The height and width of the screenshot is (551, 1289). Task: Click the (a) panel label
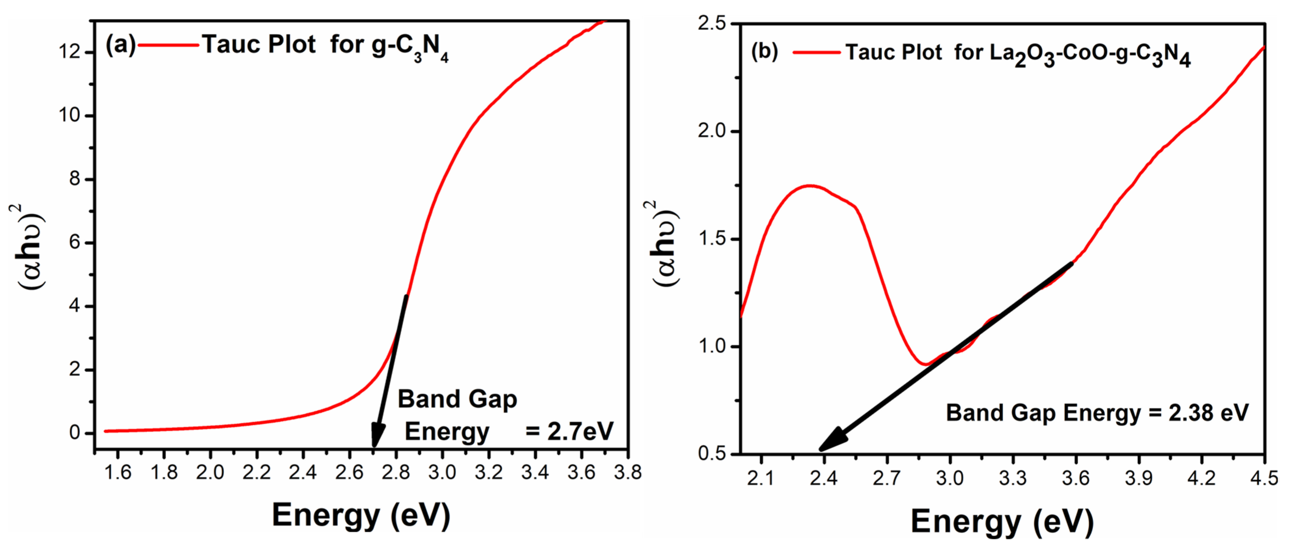click(x=120, y=45)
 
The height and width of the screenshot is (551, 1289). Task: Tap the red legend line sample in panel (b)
click(x=817, y=52)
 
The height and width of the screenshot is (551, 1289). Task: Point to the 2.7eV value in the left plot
click(x=580, y=431)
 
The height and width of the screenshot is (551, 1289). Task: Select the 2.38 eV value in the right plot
click(x=1209, y=413)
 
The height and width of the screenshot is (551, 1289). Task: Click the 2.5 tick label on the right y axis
click(x=712, y=23)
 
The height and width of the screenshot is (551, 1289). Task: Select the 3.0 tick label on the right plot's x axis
click(x=950, y=478)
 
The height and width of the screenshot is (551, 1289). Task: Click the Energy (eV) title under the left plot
click(x=360, y=516)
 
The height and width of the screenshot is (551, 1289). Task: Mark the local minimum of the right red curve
click(x=926, y=364)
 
